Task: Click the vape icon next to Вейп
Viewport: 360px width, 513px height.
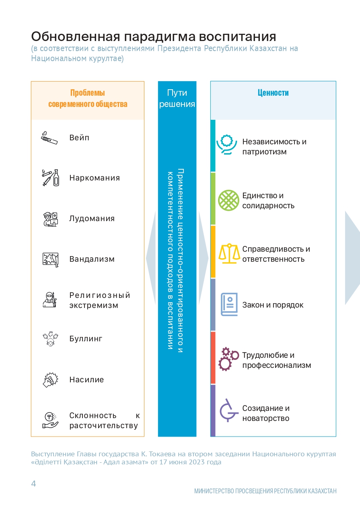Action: (x=49, y=138)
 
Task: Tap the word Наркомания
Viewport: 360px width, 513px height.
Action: (x=95, y=178)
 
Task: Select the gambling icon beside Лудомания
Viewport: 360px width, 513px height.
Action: (x=51, y=219)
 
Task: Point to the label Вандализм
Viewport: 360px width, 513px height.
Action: (x=92, y=259)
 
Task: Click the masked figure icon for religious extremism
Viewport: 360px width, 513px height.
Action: (x=50, y=300)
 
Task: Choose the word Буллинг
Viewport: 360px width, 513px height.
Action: (x=86, y=339)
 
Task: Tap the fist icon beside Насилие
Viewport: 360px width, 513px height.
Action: (x=50, y=380)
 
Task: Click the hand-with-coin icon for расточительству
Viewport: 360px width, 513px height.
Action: (x=51, y=420)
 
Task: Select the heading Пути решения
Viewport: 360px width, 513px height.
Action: (x=177, y=98)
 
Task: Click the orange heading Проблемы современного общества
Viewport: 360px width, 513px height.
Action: (x=88, y=98)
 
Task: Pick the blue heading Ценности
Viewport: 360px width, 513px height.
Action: (x=273, y=93)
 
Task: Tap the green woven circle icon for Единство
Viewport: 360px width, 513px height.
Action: (x=228, y=201)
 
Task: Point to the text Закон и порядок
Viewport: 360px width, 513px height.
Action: (x=273, y=305)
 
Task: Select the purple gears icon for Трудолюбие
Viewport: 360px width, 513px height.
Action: (x=228, y=359)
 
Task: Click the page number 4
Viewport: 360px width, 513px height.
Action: (x=33, y=483)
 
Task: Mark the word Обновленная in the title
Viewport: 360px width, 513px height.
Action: (x=76, y=37)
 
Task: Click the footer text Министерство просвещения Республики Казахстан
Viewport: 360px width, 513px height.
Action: (x=265, y=491)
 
